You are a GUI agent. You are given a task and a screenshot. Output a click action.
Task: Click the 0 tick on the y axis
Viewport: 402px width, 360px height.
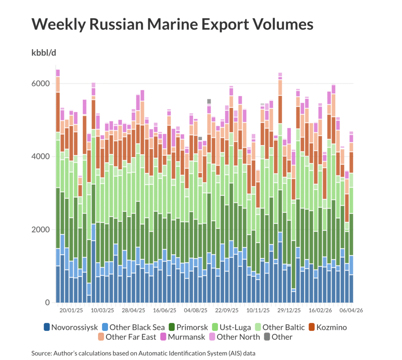pyautogui.click(x=48, y=303)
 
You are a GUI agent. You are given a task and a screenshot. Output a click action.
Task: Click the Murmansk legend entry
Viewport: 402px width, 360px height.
pyautogui.click(x=184, y=337)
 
